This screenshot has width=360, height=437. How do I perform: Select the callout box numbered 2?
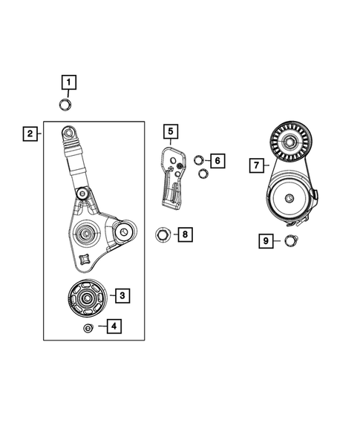click(30, 134)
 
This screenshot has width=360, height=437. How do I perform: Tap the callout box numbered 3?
click(122, 295)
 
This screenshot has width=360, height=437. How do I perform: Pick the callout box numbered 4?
click(113, 325)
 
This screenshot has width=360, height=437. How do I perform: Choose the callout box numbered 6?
click(217, 160)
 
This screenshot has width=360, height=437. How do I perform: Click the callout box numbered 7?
click(257, 165)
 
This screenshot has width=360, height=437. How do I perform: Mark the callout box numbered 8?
click(185, 235)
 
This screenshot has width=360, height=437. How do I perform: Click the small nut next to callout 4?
click(88, 328)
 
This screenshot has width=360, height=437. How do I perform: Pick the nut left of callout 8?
click(163, 236)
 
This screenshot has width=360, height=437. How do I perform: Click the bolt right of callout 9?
click(291, 240)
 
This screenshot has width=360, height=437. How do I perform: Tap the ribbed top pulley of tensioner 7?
click(287, 141)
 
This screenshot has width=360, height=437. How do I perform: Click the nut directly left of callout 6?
click(199, 160)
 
